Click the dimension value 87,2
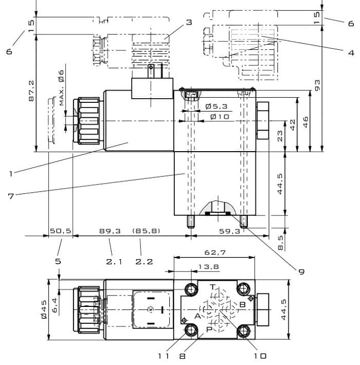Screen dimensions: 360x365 [31, 91]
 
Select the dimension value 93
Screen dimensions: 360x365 [317, 85]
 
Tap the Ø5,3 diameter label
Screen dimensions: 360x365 [217, 106]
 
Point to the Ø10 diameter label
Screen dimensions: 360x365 [220, 117]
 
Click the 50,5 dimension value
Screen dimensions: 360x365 [61, 231]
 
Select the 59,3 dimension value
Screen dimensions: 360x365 [229, 231]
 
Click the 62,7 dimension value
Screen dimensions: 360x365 [215, 252]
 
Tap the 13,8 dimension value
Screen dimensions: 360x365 [208, 266]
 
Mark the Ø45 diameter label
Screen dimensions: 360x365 [44, 309]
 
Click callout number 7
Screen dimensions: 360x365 [11, 196]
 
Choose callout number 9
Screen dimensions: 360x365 [301, 271]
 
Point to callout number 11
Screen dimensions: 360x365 [164, 356]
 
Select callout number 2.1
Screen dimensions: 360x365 [114, 262]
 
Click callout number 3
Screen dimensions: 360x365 [189, 22]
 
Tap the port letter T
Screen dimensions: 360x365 [212, 287]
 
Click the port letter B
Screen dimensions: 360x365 [242, 304]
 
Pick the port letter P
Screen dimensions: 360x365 [209, 329]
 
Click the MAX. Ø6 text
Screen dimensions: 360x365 [61, 87]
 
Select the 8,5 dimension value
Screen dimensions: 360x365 [280, 243]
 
